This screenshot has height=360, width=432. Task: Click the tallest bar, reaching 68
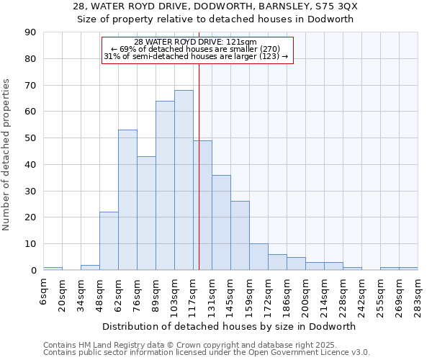[x=184, y=180]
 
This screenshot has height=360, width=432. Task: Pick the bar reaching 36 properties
[x=221, y=222]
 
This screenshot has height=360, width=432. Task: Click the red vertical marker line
[x=199, y=166]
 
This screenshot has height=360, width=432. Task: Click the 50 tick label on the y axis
[x=31, y=138]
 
